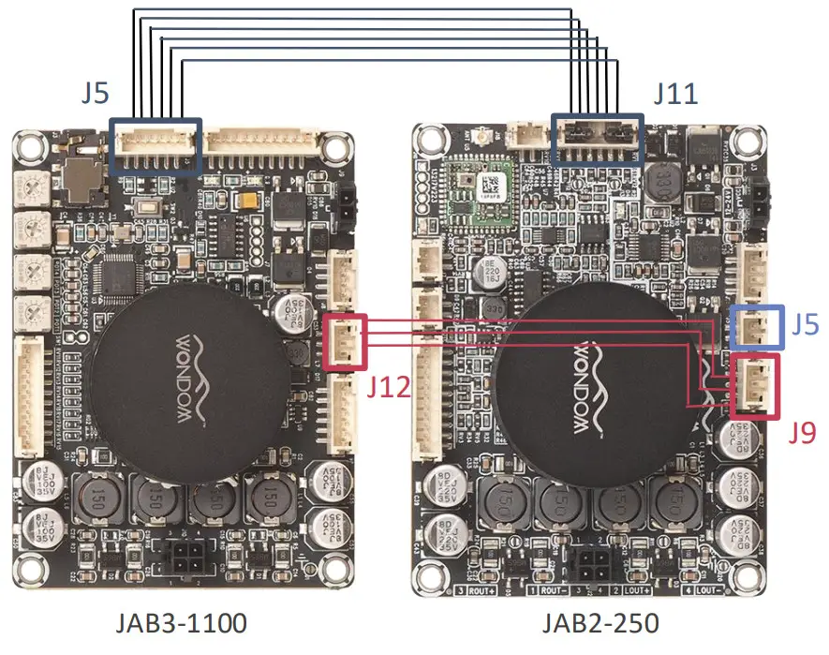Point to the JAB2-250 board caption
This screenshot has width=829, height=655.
click(x=600, y=623)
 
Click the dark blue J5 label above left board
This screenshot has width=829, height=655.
click(x=94, y=95)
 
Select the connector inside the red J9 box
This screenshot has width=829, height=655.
click(x=754, y=386)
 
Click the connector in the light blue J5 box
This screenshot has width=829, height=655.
click(x=755, y=327)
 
